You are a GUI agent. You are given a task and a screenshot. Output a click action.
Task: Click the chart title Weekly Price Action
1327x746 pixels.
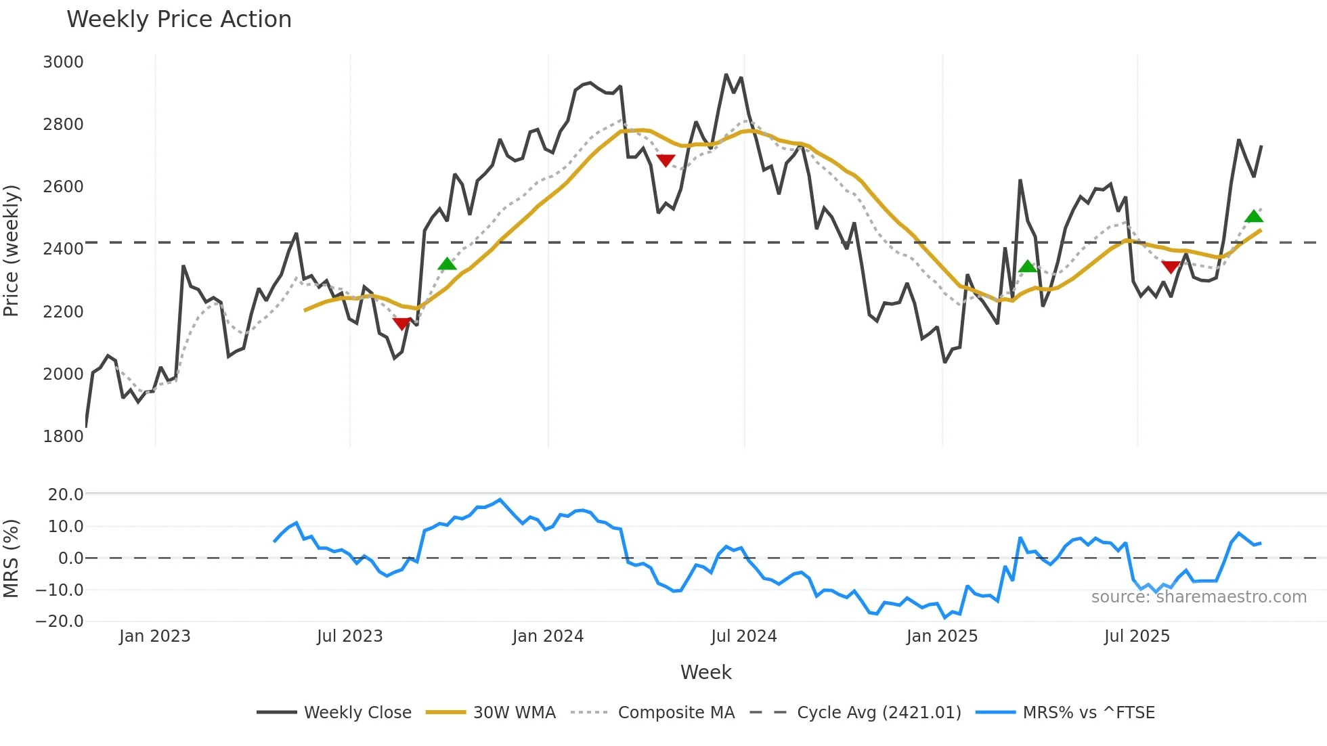pyautogui.click(x=179, y=20)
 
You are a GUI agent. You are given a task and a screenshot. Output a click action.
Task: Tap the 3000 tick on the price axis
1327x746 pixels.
pyautogui.click(x=63, y=62)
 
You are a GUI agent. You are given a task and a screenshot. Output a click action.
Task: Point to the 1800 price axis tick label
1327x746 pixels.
pyautogui.click(x=63, y=437)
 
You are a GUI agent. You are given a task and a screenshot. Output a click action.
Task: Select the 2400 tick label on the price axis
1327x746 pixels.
pyautogui.click(x=63, y=249)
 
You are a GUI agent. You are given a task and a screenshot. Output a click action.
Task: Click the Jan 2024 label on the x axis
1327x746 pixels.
pyautogui.click(x=548, y=636)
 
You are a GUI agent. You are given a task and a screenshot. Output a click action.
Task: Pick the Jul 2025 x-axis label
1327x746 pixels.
pyautogui.click(x=1137, y=636)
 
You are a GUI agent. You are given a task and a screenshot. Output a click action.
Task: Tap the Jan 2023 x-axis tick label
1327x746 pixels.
pyautogui.click(x=155, y=636)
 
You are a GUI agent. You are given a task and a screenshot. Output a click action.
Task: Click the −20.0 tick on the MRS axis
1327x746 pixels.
pyautogui.click(x=60, y=621)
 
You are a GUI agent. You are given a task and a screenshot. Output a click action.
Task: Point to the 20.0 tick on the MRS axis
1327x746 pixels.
pyautogui.click(x=65, y=495)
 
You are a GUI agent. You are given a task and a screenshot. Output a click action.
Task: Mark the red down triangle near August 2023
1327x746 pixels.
pyautogui.click(x=401, y=324)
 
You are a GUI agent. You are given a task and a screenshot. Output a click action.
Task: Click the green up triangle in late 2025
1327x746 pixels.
pyautogui.click(x=1254, y=217)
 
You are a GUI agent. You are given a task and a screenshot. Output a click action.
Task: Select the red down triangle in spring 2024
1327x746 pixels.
pyautogui.click(x=666, y=160)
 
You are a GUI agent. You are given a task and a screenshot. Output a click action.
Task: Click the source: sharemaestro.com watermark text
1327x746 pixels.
pyautogui.click(x=1198, y=597)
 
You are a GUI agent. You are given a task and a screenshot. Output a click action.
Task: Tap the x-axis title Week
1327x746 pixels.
pyautogui.click(x=705, y=672)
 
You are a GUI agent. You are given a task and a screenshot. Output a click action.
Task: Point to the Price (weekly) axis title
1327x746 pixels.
pyautogui.click(x=12, y=250)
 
